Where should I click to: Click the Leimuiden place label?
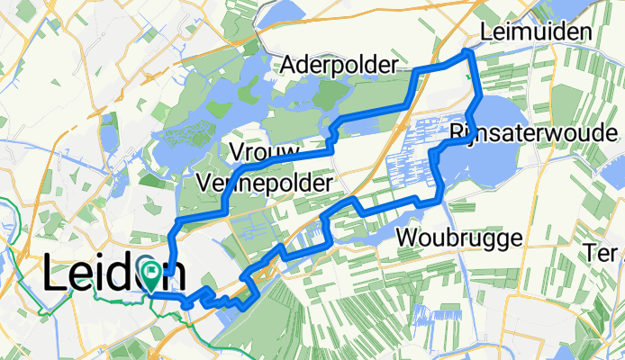point(536,32)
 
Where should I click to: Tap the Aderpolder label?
point(339,65)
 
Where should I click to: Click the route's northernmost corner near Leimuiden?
point(468,53)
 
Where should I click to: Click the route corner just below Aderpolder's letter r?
point(415,71)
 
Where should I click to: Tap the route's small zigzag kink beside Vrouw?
point(331,135)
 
